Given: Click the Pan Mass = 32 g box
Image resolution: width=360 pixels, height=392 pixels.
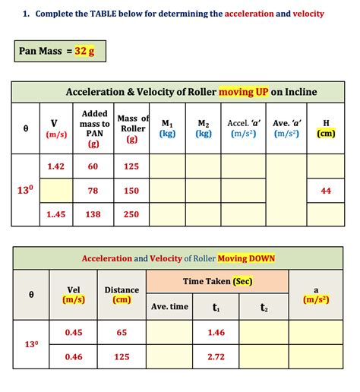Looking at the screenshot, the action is coord(56,52).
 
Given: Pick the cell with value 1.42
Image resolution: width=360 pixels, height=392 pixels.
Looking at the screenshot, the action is coord(55,166).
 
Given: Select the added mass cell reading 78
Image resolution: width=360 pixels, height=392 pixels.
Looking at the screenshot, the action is coord(93,191).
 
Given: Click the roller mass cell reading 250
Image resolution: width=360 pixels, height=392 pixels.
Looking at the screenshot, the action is coord(131,214).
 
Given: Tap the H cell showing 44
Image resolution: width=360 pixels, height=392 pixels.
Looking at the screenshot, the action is coord(326,191).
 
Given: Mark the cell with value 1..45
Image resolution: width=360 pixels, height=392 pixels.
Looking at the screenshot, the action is coord(55,214).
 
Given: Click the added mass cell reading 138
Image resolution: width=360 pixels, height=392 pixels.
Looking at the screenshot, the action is coord(93,214).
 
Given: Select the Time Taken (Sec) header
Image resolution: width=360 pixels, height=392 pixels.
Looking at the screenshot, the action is coord(216,281).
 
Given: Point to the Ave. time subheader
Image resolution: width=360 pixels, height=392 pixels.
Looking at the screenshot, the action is coord(169,306).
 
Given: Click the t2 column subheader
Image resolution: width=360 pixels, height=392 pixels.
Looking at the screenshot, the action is coord(264,307).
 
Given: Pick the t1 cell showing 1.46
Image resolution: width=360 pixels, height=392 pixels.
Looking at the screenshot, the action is coord(216,332).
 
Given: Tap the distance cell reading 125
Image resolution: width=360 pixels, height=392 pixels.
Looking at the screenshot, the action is coord(122,356).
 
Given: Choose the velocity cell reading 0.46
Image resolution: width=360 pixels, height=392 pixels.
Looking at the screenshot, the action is coord(74,356).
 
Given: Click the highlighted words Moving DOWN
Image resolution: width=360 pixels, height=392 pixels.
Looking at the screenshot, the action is coord(246,258).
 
